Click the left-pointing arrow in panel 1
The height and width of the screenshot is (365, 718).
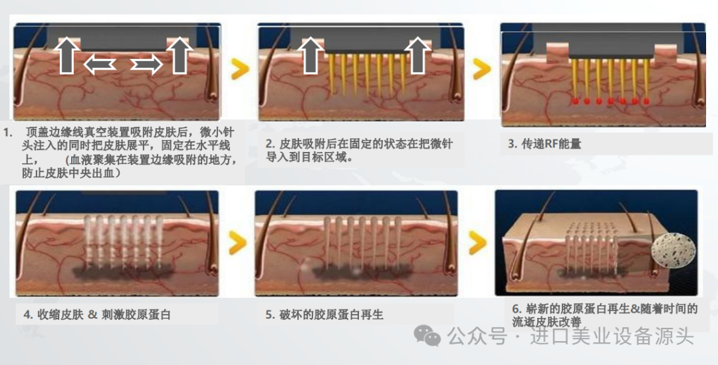click(99, 65)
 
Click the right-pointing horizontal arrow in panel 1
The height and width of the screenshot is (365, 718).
click(146, 65)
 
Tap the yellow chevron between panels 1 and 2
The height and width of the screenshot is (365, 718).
click(240, 69)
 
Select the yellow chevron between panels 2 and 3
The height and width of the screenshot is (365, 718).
click(482, 69)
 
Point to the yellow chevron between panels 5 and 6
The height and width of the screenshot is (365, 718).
click(477, 242)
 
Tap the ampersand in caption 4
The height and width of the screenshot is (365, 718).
click(93, 315)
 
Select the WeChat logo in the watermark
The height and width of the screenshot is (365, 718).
click(427, 336)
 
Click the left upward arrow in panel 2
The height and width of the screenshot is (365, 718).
click(310, 55)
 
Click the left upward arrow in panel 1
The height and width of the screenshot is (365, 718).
click(67, 55)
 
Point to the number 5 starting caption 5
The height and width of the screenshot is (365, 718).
click(269, 315)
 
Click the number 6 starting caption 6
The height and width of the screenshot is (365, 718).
click(516, 309)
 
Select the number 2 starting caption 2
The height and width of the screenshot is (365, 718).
click(269, 144)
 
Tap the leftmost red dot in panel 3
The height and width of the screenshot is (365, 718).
click(576, 101)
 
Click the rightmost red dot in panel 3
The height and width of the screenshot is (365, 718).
click(646, 102)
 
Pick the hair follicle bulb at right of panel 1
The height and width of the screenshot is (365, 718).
click(213, 94)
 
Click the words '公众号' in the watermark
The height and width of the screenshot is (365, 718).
click(477, 336)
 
